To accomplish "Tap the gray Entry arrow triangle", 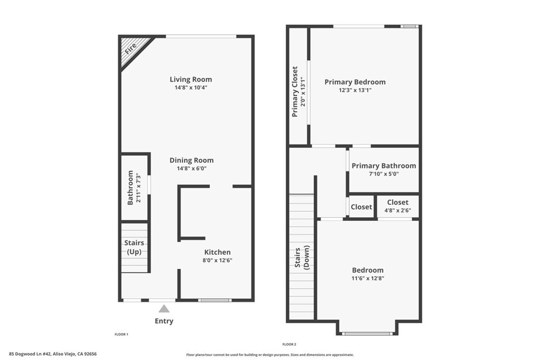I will (165, 309).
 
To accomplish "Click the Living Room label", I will (191, 80).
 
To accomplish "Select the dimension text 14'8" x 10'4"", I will (191, 87).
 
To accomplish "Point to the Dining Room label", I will (191, 160).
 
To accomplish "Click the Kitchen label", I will (217, 252).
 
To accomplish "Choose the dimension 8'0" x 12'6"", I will (217, 260).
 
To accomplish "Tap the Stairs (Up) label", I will (134, 247).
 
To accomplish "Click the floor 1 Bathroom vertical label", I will (130, 188).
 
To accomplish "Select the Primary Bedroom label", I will (355, 82).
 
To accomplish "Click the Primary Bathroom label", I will (383, 166).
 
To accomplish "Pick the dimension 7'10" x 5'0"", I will (383, 174).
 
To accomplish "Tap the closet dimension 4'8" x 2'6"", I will (398, 210).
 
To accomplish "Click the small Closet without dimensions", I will (361, 207).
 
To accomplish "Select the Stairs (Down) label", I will (302, 258).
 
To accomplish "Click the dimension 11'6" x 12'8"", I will (368, 278).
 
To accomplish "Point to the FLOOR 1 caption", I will (121, 334).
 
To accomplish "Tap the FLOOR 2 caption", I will (288, 344).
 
